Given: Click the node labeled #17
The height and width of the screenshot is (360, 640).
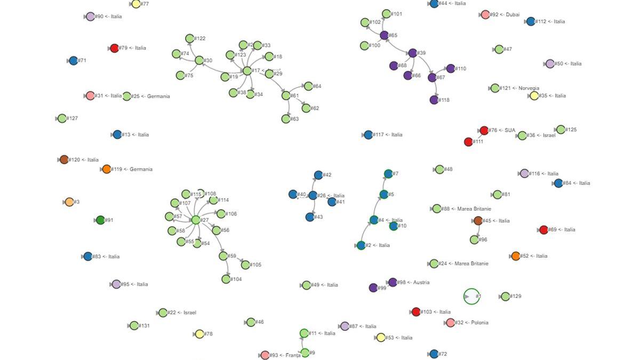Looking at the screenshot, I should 247,70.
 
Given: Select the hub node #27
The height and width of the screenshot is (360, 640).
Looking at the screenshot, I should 196,220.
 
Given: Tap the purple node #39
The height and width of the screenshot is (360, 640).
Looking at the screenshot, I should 412,53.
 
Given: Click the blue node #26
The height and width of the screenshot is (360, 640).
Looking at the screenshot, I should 313,196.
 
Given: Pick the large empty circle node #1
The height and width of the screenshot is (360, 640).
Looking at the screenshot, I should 471,297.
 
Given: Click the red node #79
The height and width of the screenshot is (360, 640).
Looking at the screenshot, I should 114,49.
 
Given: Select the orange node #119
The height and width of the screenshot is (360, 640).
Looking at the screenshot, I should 106,169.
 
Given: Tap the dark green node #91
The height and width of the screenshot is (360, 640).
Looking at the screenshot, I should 100,220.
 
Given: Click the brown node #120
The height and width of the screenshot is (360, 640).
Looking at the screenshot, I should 64,159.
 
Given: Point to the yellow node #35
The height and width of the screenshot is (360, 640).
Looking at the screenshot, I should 534,96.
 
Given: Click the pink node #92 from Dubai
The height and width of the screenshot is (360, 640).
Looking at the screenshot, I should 485,15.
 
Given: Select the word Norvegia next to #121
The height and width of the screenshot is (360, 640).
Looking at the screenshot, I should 528,89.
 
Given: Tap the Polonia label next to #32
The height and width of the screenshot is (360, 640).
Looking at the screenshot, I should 479,323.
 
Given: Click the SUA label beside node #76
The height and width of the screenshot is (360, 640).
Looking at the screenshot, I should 510,130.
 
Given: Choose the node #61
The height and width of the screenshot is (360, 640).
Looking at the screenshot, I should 286,96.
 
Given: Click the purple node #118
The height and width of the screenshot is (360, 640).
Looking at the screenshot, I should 434,100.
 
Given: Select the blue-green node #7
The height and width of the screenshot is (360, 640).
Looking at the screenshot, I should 388,174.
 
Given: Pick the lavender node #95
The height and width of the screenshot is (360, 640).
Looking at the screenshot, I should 116,284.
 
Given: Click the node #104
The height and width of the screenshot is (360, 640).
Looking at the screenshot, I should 226,279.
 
